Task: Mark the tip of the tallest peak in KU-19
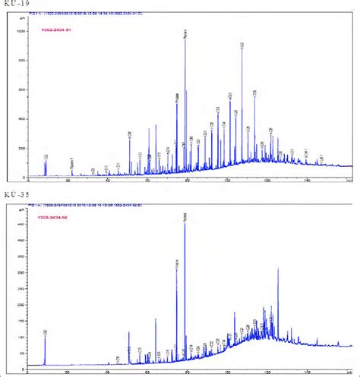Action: (185, 38)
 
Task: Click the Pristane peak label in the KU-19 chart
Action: (176, 99)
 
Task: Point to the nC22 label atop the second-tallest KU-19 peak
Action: (242, 46)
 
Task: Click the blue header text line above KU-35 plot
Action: (114, 205)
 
